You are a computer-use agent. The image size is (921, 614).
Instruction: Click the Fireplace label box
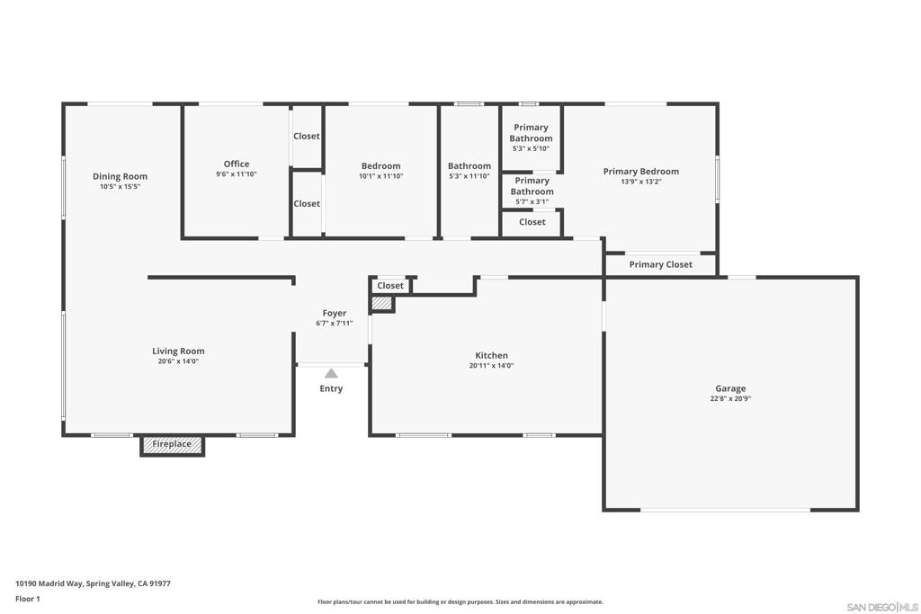click(172, 445)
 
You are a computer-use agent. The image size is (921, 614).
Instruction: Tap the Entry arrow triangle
click(331, 373)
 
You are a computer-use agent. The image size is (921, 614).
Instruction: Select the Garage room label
click(730, 388)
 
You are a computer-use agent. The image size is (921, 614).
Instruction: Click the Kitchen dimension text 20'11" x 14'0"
click(491, 366)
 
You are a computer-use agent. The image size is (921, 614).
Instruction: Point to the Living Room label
click(178, 351)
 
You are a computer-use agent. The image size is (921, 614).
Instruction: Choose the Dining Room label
click(120, 176)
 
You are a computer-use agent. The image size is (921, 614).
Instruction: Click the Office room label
click(237, 164)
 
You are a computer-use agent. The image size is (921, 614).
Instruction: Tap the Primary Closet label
click(660, 265)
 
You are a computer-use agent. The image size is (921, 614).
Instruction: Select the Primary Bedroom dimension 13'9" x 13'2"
click(640, 182)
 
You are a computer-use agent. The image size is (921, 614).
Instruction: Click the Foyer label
click(335, 313)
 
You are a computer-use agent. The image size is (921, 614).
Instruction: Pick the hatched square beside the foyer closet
click(382, 304)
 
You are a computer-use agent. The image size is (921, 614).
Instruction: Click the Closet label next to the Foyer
click(390, 286)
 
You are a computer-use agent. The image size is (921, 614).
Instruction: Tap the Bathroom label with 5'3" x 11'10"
click(469, 165)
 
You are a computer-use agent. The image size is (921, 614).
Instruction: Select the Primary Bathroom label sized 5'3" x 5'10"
click(531, 133)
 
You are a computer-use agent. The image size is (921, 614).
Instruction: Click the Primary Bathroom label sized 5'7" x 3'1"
click(532, 186)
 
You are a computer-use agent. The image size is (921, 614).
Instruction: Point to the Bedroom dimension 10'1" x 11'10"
click(381, 176)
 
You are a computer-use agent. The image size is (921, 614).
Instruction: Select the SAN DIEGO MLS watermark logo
click(881, 607)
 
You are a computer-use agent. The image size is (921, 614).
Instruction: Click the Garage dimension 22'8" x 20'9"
click(730, 398)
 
